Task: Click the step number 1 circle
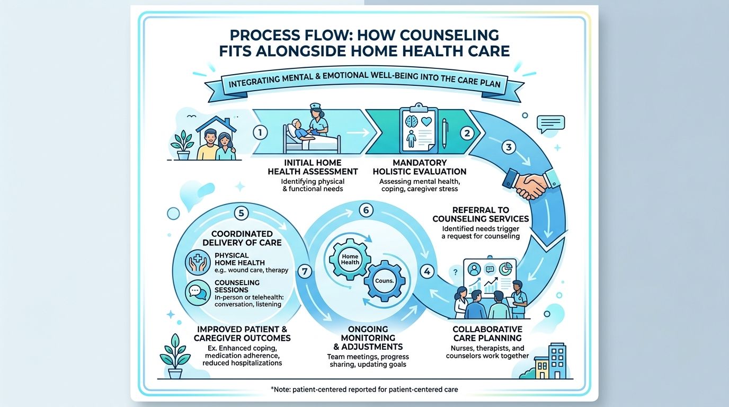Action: coord(260,133)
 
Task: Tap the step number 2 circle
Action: coord(467,134)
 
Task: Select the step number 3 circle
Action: coord(509,147)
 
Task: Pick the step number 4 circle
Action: coord(427,271)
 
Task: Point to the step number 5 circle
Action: coord(241,213)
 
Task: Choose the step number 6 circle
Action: coord(366,210)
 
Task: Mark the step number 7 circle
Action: coord(305,271)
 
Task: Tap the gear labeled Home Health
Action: coord(350,259)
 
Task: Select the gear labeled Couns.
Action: coord(384,281)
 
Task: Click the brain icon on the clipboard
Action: coord(411,121)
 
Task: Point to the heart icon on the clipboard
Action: coord(426,122)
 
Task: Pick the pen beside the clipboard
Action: coord(444,134)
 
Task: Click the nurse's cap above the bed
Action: coord(315,106)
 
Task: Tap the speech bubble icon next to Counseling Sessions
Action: coord(198,293)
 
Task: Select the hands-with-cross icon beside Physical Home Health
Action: coord(198,263)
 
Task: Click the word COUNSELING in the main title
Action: coord(428,35)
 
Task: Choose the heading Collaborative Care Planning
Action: coord(487,333)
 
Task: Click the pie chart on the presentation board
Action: coord(505,269)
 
